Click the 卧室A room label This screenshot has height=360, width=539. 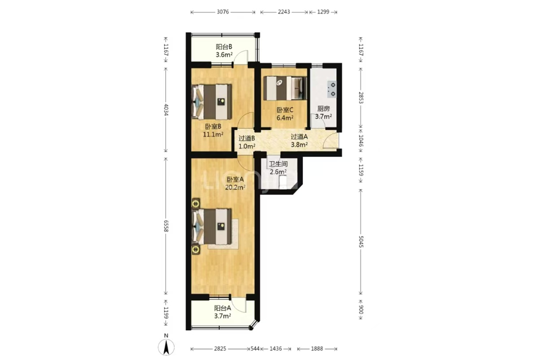235,179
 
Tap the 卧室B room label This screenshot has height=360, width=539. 213,126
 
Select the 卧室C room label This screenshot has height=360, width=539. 285,110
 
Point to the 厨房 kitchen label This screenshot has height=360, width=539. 323,108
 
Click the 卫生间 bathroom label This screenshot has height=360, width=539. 278,164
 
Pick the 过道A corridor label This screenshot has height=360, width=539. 299,137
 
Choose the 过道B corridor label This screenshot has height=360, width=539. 247,138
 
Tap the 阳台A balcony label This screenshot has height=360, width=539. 223,308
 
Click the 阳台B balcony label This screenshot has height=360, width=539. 224,47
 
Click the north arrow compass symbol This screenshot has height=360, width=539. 166,347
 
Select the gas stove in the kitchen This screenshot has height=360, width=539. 332,89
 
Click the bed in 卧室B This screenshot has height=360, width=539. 211,102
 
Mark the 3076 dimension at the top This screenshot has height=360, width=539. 223,12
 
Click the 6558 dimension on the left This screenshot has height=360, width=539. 166,226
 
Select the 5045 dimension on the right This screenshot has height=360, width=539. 361,242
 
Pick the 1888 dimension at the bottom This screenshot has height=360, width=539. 317,349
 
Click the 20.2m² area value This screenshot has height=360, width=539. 235,187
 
